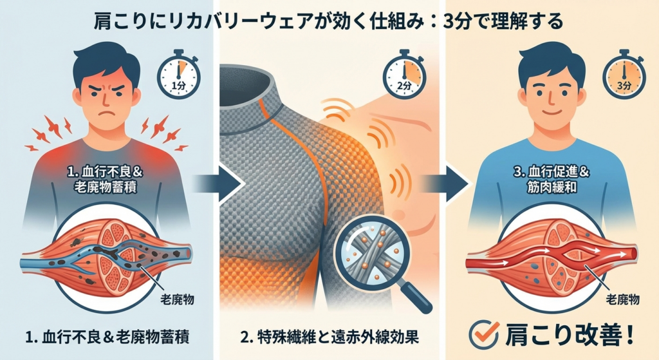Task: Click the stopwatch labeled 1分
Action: (179, 76)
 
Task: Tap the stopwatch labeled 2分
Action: (404, 76)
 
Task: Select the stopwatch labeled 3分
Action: (624, 76)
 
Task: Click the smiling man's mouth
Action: (551, 113)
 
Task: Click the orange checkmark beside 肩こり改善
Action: (484, 334)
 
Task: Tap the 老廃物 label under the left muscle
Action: (177, 299)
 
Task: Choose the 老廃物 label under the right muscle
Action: (622, 299)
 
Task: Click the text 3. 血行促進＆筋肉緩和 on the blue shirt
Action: (551, 180)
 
